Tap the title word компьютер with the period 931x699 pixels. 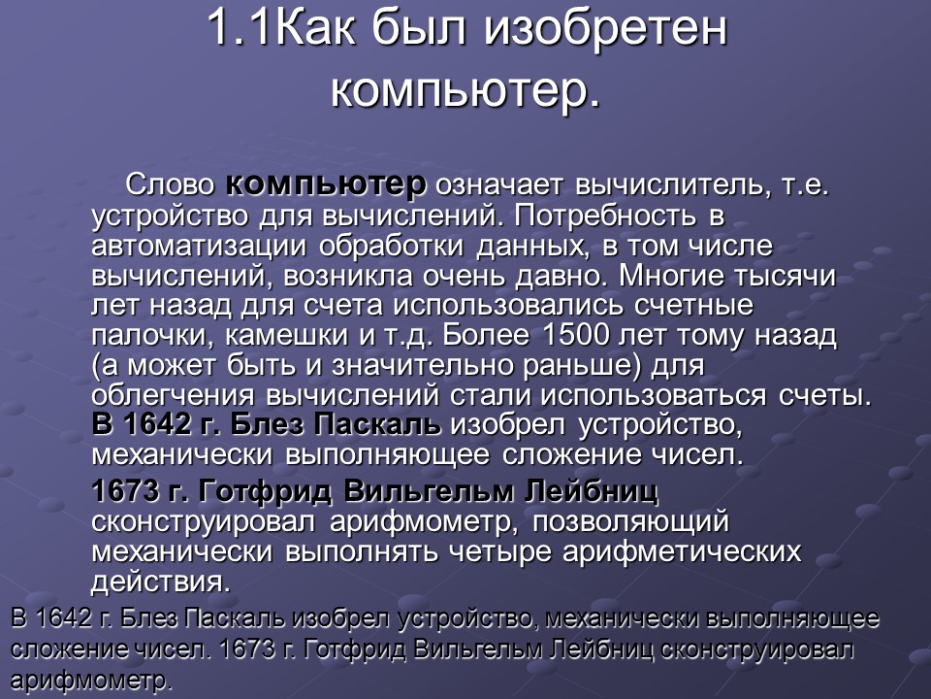click(x=465, y=91)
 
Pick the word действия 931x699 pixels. click(x=161, y=582)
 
